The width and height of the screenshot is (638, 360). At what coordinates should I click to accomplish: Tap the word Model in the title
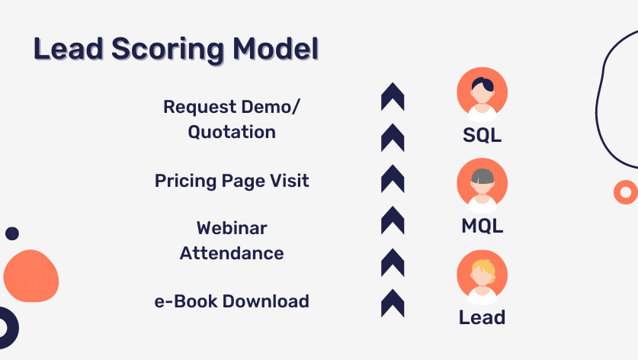[275, 50]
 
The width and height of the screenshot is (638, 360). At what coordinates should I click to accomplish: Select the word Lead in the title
[63, 50]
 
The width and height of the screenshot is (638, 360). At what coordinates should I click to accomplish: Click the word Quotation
[232, 131]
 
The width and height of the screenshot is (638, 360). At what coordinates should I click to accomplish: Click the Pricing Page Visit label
[232, 181]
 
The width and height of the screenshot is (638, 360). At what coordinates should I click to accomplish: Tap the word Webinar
[232, 228]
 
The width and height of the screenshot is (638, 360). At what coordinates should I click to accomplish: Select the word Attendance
[232, 252]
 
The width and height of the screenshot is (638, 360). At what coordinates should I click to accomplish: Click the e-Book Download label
[232, 301]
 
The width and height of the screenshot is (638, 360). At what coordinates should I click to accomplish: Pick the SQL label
[482, 136]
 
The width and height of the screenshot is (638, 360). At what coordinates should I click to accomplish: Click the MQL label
[482, 226]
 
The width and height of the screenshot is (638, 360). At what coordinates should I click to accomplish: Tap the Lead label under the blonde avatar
[482, 317]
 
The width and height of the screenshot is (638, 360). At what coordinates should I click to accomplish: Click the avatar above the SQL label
[482, 94]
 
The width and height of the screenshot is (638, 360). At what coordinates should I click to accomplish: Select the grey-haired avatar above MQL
[482, 185]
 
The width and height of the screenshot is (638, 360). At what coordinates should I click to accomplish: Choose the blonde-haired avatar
[482, 275]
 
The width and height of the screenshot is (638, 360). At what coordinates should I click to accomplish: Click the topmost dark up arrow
[393, 96]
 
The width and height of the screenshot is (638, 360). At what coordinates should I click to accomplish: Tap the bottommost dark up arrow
[393, 303]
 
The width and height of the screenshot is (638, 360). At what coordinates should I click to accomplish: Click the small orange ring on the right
[626, 192]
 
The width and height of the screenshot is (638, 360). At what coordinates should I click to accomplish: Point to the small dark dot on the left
[12, 233]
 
